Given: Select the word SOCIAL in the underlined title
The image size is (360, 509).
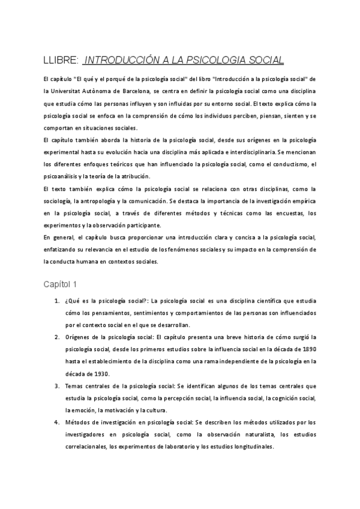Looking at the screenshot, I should pyautogui.click(x=262, y=60).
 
